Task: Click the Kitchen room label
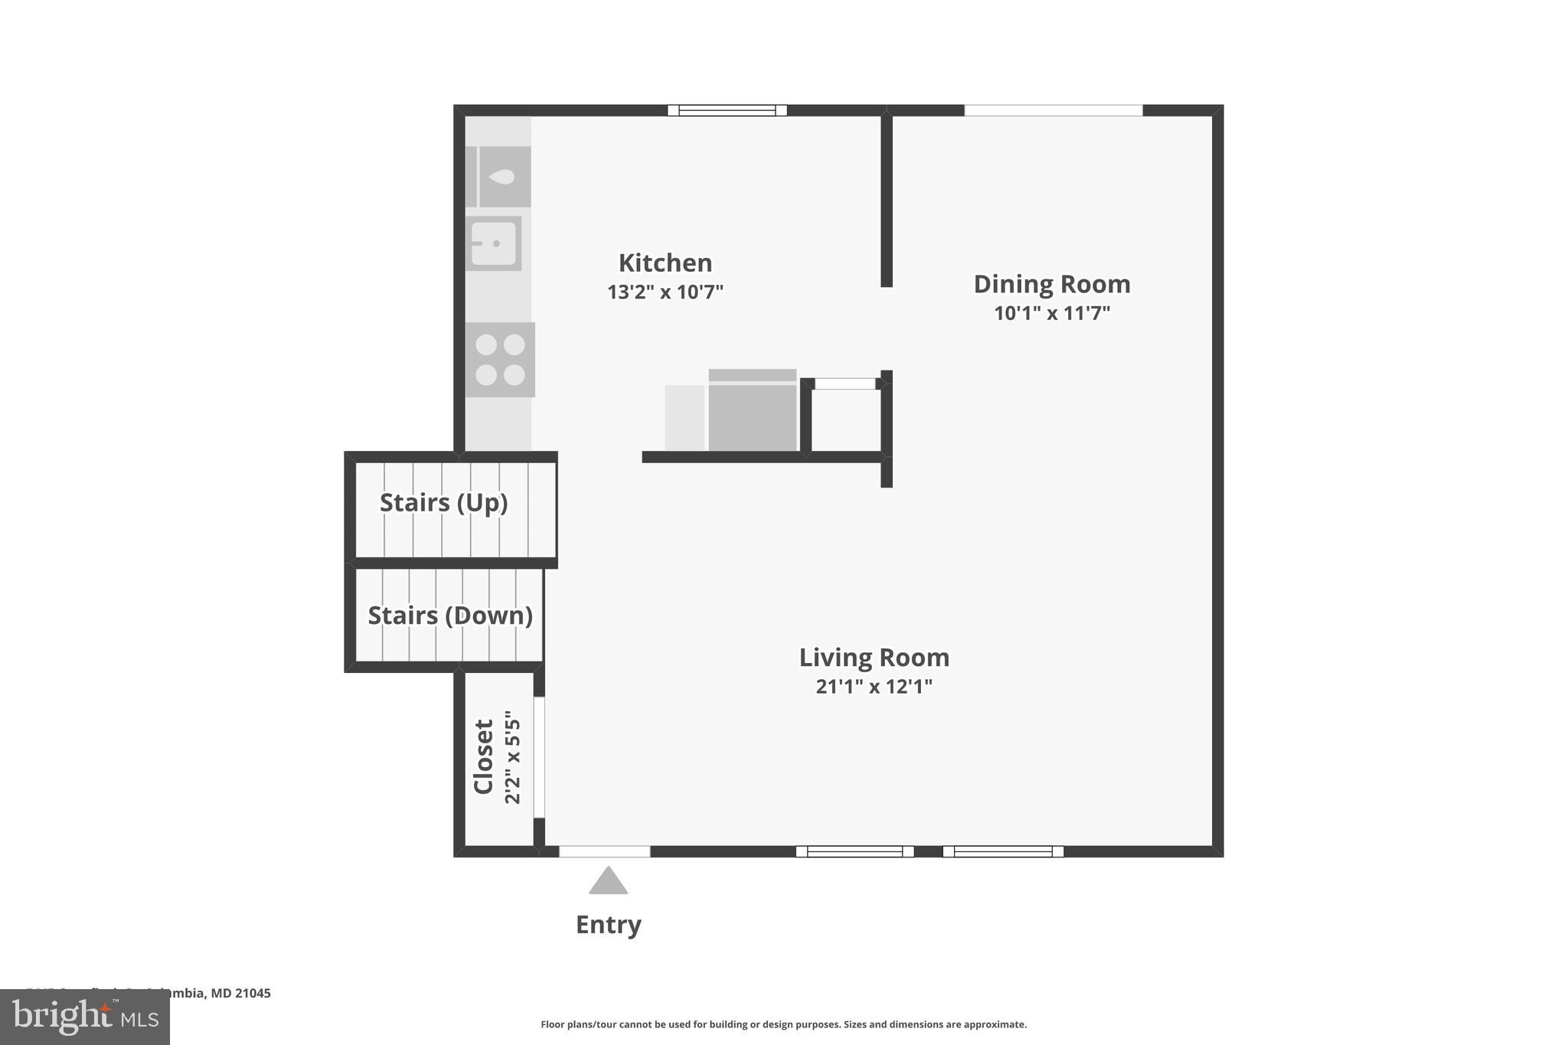point(665,263)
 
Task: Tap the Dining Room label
point(1051,284)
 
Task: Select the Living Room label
point(874,658)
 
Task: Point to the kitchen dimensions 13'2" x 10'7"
point(665,292)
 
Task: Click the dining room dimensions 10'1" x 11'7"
point(1051,313)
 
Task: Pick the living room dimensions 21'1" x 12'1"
point(874,687)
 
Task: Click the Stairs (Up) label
point(443,503)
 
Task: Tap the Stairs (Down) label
point(449,616)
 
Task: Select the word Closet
point(484,756)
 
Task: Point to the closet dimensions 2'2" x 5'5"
point(512,756)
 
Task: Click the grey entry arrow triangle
point(608,882)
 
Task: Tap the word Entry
point(608,925)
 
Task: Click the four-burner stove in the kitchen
point(500,360)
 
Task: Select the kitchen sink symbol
point(494,243)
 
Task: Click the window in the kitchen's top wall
point(727,110)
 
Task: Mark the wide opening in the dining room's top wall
point(1053,110)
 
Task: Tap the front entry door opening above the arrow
point(604,851)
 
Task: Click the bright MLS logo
point(85,1017)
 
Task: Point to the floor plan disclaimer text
point(783,1024)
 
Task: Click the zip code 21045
point(253,993)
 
